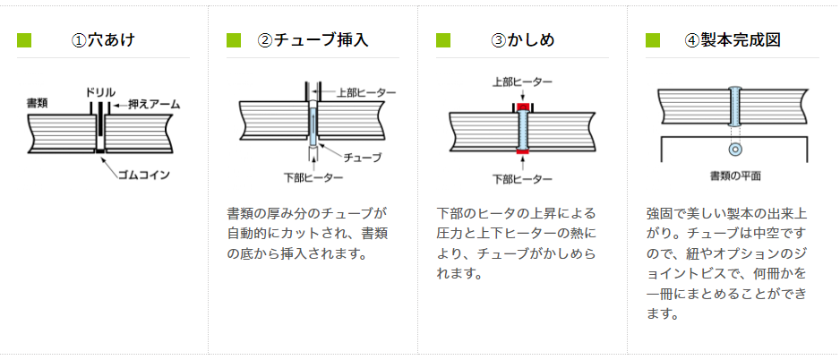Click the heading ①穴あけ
pos(104,40)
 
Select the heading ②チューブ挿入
pos(313,40)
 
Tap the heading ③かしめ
pos(523,40)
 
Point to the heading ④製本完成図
pos(733,40)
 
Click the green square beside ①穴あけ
pos(24,40)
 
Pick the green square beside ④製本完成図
pos(653,40)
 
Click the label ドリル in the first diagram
pos(99,92)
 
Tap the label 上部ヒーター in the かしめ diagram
pos(522,82)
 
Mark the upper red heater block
pos(522,107)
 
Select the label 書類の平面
pos(735,176)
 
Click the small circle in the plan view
pos(735,148)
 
